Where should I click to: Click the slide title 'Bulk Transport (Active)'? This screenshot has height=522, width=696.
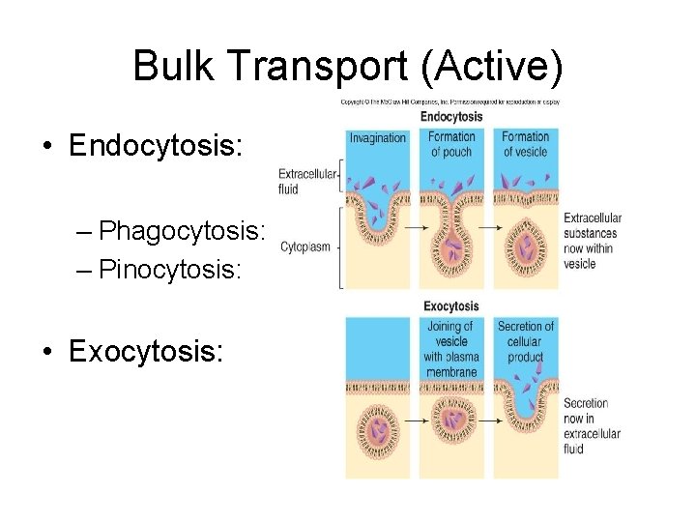coord(347,66)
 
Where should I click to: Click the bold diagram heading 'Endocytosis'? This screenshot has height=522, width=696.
coord(451,117)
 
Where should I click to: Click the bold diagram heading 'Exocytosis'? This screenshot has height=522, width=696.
coord(451,306)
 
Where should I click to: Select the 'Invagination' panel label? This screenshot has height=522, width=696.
coord(378,138)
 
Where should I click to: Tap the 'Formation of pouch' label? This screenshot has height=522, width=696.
coord(452,144)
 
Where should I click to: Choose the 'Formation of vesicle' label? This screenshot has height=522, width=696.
coord(525,144)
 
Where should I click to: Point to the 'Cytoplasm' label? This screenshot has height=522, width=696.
coord(305,246)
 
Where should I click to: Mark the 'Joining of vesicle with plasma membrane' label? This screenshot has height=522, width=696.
coord(450,349)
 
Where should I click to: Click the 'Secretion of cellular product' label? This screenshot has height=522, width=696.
coord(525,341)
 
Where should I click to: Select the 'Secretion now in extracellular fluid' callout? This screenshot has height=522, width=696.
coord(591,426)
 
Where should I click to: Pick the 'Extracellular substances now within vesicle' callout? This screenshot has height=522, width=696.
coord(592,241)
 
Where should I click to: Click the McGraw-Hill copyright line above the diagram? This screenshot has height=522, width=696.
coord(449,102)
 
